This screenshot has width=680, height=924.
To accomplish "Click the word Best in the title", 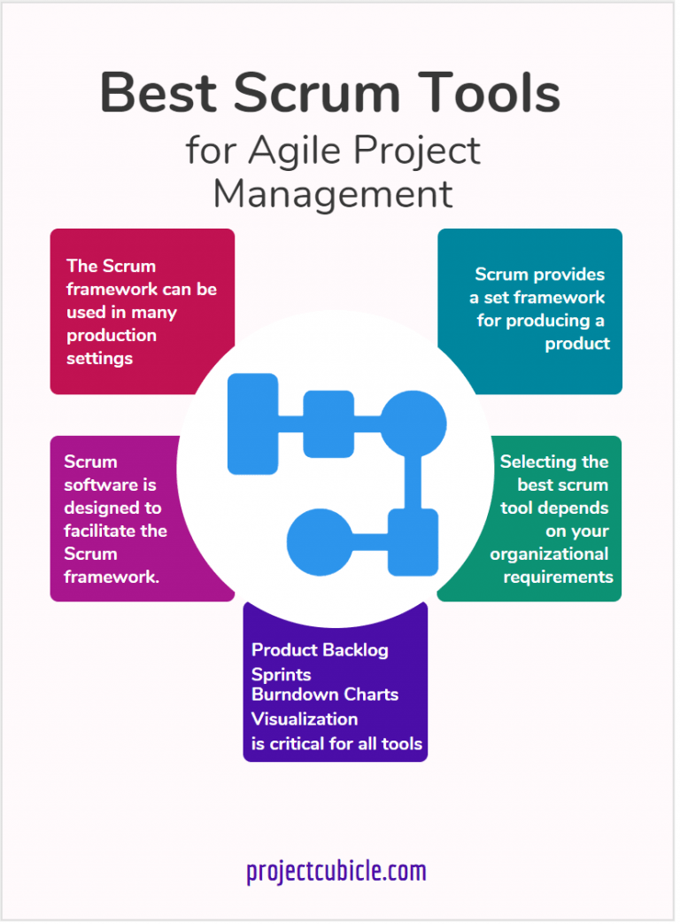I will [x=154, y=92].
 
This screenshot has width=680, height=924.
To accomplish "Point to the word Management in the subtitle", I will [x=333, y=194].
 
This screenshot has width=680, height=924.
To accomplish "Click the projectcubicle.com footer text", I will [x=336, y=872].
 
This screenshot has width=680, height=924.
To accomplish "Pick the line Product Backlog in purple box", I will [x=320, y=650].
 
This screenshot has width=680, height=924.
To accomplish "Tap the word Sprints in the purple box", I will [x=281, y=675].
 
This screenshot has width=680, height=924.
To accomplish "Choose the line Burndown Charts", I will [x=325, y=695].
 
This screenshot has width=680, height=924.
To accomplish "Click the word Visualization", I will [x=305, y=718].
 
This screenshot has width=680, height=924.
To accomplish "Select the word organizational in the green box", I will [x=549, y=554].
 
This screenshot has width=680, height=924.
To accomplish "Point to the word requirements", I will [x=558, y=577].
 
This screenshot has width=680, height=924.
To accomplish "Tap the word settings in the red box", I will [x=99, y=358].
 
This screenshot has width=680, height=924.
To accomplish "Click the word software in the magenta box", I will [x=97, y=485].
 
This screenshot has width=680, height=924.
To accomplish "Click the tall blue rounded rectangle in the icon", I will [x=252, y=423].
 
